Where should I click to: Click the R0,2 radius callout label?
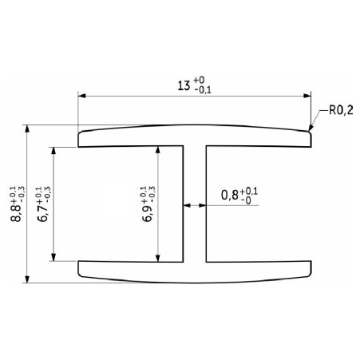pyautogui.click(x=341, y=110)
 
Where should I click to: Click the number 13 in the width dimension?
pyautogui.click(x=184, y=85)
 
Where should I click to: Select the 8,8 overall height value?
pyautogui.click(x=15, y=213)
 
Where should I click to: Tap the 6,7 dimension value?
pyautogui.click(x=42, y=213)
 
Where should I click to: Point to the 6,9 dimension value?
pyautogui.click(x=147, y=213)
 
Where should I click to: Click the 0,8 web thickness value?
pyautogui.click(x=230, y=195)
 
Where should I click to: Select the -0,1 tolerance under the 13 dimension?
pyautogui.click(x=203, y=90)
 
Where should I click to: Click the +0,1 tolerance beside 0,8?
pyautogui.click(x=249, y=191)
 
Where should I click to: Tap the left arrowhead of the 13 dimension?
pyautogui.click(x=81, y=96)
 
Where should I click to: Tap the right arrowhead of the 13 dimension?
pyautogui.click(x=307, y=96)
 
